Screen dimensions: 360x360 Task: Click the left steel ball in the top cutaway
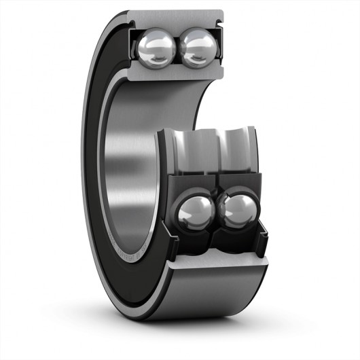[x=157, y=47]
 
